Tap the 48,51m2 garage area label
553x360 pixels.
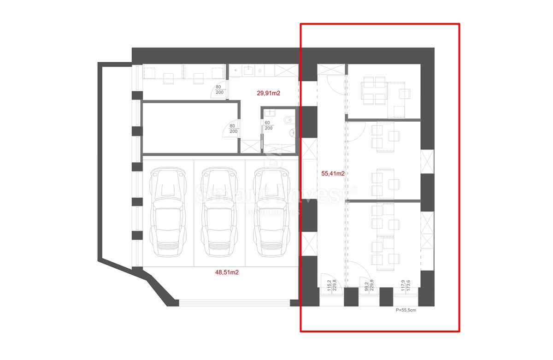[x=227, y=272]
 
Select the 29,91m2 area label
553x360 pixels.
[x=269, y=93]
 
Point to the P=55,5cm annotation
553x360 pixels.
[x=406, y=311]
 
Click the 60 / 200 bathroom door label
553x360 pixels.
[x=269, y=125]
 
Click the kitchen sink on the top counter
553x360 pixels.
[x=248, y=70]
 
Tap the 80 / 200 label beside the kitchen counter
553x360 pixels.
[x=219, y=89]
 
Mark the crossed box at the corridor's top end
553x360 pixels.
[x=331, y=70]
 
